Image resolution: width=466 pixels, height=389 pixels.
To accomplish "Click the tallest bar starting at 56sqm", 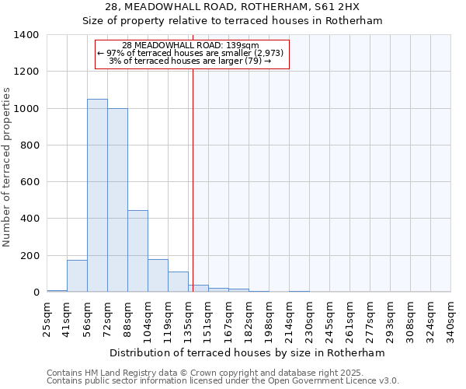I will pyautogui.click(x=97, y=195).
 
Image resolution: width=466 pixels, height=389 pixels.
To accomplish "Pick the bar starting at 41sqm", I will pyautogui.click(x=77, y=276).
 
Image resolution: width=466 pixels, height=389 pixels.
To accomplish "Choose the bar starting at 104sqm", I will pyautogui.click(x=158, y=275).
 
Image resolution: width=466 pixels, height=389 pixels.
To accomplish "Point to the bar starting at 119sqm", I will pyautogui.click(x=178, y=282).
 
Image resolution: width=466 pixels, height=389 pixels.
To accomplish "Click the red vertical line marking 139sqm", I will pyautogui.click(x=193, y=171).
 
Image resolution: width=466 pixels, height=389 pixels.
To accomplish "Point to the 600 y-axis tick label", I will pyautogui.click(x=30, y=182).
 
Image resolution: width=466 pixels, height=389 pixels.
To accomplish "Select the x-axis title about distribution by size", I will pyautogui.click(x=248, y=352).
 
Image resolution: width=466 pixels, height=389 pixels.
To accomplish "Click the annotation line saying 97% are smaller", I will pyautogui.click(x=191, y=53).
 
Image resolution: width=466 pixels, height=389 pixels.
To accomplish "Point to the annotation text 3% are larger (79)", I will pyautogui.click(x=191, y=61).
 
